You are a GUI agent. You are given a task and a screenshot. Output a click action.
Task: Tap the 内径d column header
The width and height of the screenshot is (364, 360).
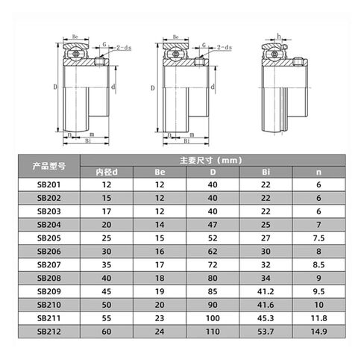point(106,172)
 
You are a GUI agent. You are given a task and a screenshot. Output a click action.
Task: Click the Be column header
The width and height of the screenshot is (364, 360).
point(159,172)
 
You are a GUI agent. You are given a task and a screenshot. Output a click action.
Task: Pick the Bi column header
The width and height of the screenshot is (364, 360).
point(266,172)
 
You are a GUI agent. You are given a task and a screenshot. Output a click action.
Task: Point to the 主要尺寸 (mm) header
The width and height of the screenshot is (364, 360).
point(213,159)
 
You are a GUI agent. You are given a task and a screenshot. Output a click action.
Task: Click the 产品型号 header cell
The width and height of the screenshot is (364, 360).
point(50,165)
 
